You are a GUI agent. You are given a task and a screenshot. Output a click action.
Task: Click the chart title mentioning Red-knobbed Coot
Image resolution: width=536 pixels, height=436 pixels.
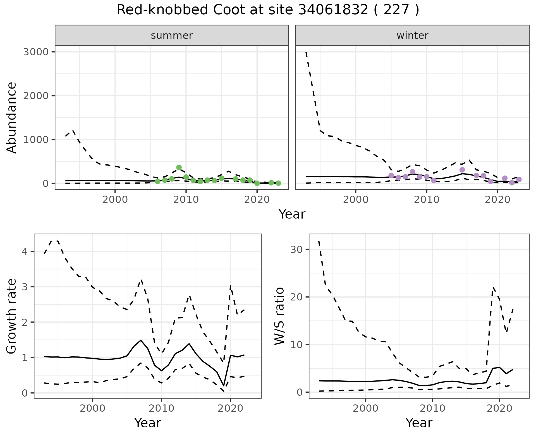[268, 10]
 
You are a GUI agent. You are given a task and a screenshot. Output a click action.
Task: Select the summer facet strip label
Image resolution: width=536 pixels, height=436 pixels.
[172, 35]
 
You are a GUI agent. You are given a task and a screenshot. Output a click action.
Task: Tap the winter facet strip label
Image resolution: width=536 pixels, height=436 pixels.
[412, 35]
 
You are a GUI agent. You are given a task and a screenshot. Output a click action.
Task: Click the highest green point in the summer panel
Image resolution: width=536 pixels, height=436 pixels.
[179, 167]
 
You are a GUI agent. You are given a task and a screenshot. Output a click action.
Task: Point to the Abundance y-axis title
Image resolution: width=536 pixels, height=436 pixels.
[12, 117]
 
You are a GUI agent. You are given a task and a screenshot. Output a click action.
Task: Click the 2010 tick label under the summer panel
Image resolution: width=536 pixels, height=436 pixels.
[186, 200]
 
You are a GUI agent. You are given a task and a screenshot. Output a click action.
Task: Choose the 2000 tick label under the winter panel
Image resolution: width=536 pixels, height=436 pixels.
[355, 200]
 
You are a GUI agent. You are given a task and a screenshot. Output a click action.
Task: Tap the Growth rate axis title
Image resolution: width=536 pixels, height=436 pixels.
[12, 316]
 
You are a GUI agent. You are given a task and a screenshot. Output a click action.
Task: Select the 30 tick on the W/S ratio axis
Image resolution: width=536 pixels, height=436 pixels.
[296, 249]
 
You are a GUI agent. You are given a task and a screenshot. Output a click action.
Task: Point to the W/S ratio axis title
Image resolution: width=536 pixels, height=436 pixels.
[279, 316]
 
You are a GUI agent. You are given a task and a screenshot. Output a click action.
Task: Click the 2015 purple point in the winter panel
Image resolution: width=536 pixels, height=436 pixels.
[462, 170]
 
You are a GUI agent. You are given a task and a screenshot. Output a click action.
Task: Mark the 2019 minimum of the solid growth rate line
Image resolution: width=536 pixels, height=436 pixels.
[223, 386]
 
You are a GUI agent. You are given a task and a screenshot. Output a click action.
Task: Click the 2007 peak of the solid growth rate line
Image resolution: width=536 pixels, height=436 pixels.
[141, 340]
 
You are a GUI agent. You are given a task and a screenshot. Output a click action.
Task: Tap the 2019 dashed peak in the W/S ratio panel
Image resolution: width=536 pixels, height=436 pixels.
[493, 287]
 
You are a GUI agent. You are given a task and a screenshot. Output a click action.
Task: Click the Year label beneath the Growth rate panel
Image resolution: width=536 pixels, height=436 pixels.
[147, 423]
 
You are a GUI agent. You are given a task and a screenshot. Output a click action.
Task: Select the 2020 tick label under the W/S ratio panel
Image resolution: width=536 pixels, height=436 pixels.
[499, 409]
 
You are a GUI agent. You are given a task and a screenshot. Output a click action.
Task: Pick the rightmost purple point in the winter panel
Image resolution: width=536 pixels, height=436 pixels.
[519, 179]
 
